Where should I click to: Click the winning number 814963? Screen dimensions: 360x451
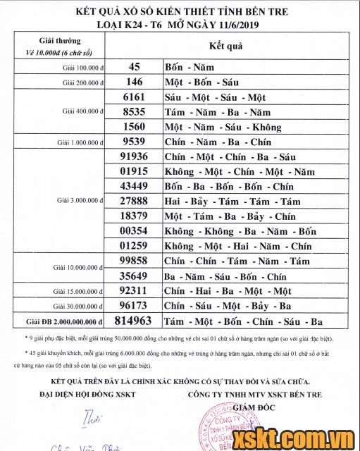tap(132, 321)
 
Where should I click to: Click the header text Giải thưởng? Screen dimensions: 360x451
tap(60, 41)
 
